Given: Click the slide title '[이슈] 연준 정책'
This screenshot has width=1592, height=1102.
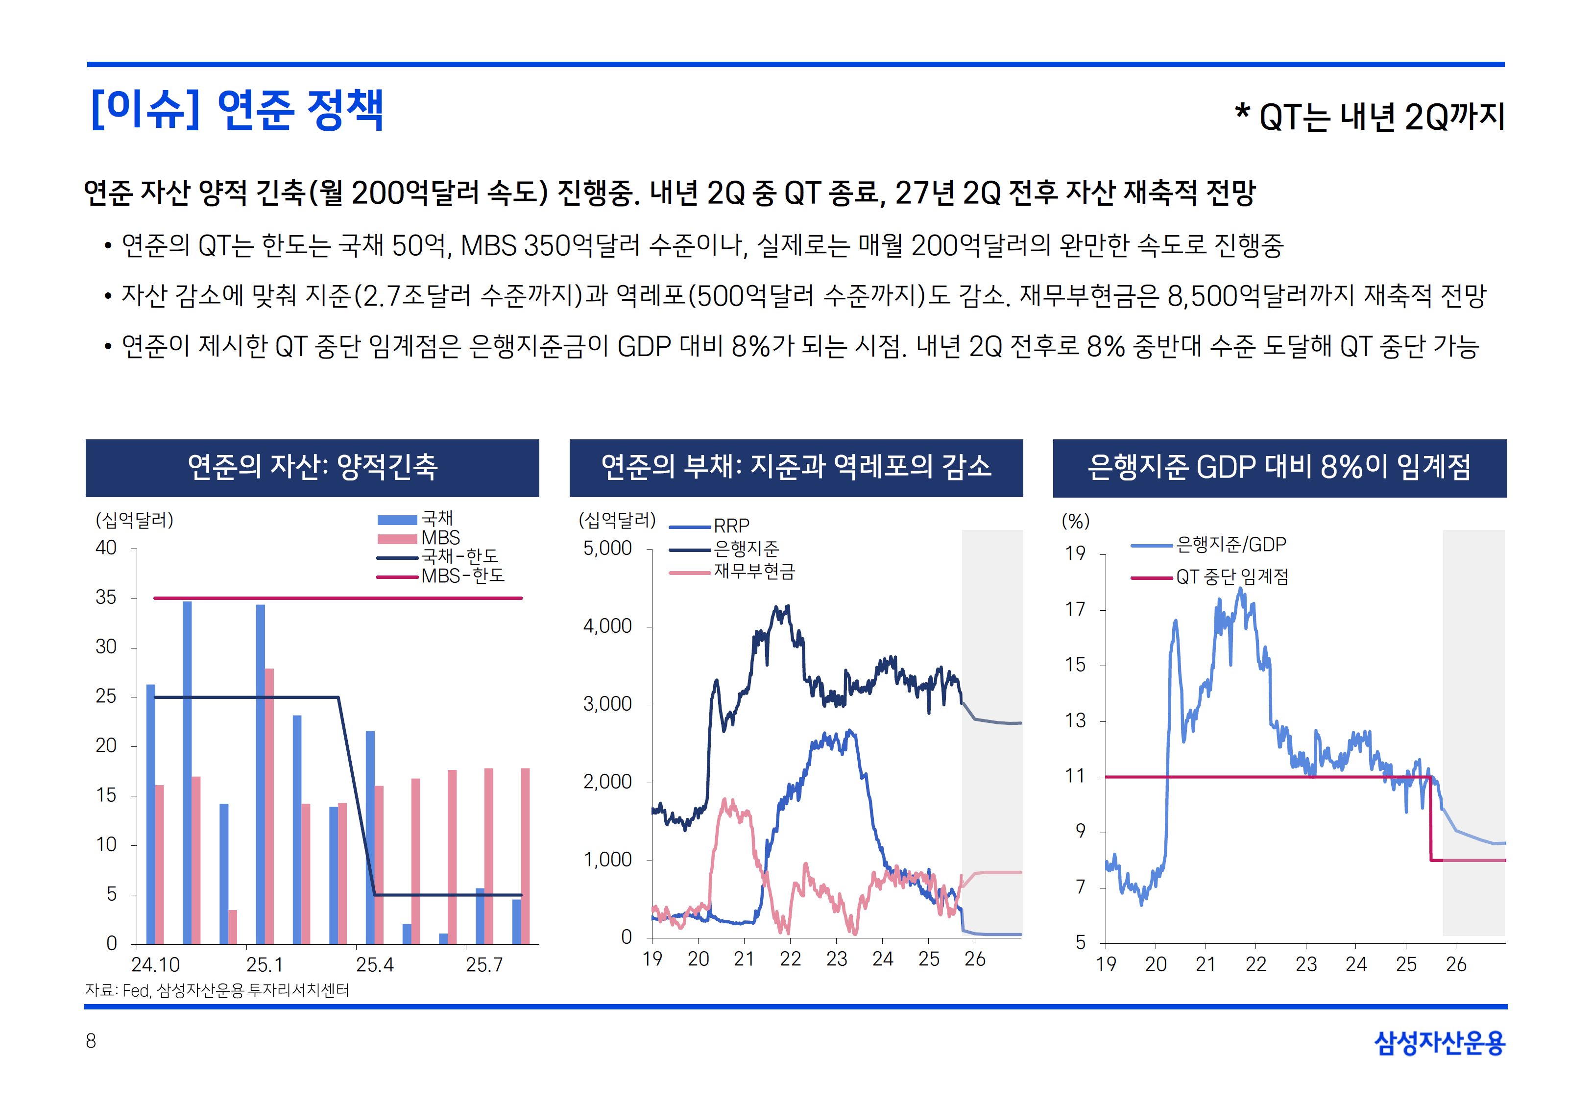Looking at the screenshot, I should click(x=237, y=111).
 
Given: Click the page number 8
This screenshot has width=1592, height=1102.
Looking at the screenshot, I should click(x=91, y=1041).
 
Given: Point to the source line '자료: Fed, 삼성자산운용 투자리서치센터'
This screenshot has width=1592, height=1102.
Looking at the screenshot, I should click(x=217, y=990).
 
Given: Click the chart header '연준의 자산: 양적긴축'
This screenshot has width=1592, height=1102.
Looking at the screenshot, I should click(x=312, y=467).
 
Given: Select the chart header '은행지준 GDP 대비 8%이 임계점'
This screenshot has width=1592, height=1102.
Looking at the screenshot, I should click(x=1279, y=467).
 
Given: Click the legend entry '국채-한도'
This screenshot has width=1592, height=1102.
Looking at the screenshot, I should click(x=460, y=556).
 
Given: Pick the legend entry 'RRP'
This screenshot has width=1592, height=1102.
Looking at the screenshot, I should click(x=731, y=526).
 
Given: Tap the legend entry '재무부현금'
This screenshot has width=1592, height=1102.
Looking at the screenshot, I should click(x=754, y=572).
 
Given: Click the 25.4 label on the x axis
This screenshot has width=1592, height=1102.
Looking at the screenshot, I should click(x=374, y=964).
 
